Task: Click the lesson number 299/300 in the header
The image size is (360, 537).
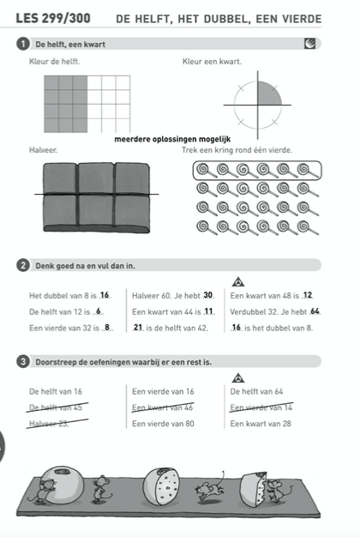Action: pyautogui.click(x=66, y=19)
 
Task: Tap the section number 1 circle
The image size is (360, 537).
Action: pyautogui.click(x=23, y=44)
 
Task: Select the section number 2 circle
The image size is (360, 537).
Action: pyautogui.click(x=23, y=265)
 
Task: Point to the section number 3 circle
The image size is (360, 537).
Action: pyautogui.click(x=23, y=362)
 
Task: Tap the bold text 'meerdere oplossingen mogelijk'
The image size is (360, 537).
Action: pyautogui.click(x=172, y=139)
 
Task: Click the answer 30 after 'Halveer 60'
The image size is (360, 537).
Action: pyautogui.click(x=207, y=295)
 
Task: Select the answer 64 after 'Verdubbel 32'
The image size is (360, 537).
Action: pyautogui.click(x=315, y=311)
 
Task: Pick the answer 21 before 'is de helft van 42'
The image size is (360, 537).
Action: pyautogui.click(x=138, y=328)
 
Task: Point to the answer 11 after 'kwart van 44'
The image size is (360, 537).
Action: pyautogui.click(x=208, y=311)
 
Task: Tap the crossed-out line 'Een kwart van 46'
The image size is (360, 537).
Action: pyautogui.click(x=163, y=407)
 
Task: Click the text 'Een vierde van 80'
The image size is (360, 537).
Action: pyautogui.click(x=163, y=424)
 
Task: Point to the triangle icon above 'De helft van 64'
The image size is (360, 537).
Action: pyautogui.click(x=238, y=378)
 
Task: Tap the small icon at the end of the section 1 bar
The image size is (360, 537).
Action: pyautogui.click(x=309, y=44)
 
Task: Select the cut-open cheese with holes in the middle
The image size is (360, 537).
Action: pyautogui.click(x=161, y=486)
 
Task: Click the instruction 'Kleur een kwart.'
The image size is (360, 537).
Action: pyautogui.click(x=213, y=62)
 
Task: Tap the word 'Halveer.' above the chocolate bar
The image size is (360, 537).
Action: pyautogui.click(x=44, y=149)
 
